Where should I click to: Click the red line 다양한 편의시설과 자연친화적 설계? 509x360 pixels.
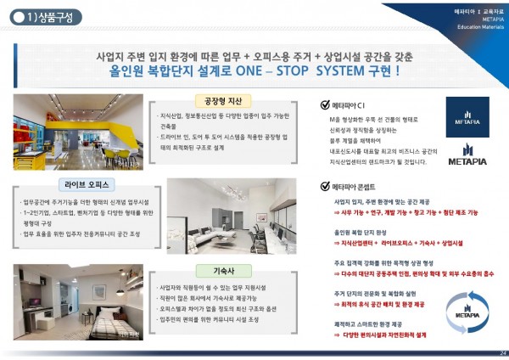coord(388,335)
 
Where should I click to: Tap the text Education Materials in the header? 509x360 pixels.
coord(479,25)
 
